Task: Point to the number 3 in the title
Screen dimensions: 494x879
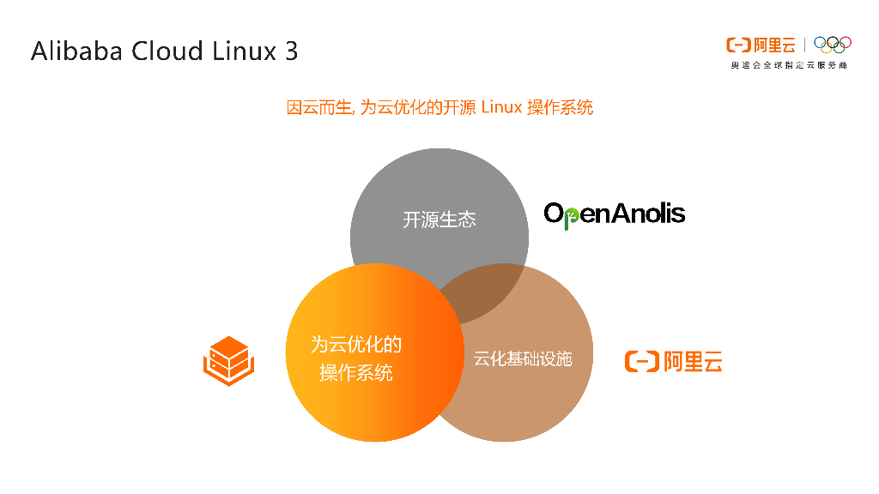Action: [292, 51]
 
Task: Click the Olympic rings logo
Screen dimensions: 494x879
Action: [832, 44]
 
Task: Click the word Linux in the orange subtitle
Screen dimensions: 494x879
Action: [501, 107]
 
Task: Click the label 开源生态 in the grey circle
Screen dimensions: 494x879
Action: [439, 220]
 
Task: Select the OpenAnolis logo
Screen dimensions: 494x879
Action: [615, 214]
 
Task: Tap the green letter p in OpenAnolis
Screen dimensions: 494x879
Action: [573, 216]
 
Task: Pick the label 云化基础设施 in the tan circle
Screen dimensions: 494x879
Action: [523, 358]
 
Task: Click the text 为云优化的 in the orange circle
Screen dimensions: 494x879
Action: [355, 345]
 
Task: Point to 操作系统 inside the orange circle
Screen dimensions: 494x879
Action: [355, 373]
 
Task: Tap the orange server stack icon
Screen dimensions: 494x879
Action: [227, 361]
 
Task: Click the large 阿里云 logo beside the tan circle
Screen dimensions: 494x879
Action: [673, 362]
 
